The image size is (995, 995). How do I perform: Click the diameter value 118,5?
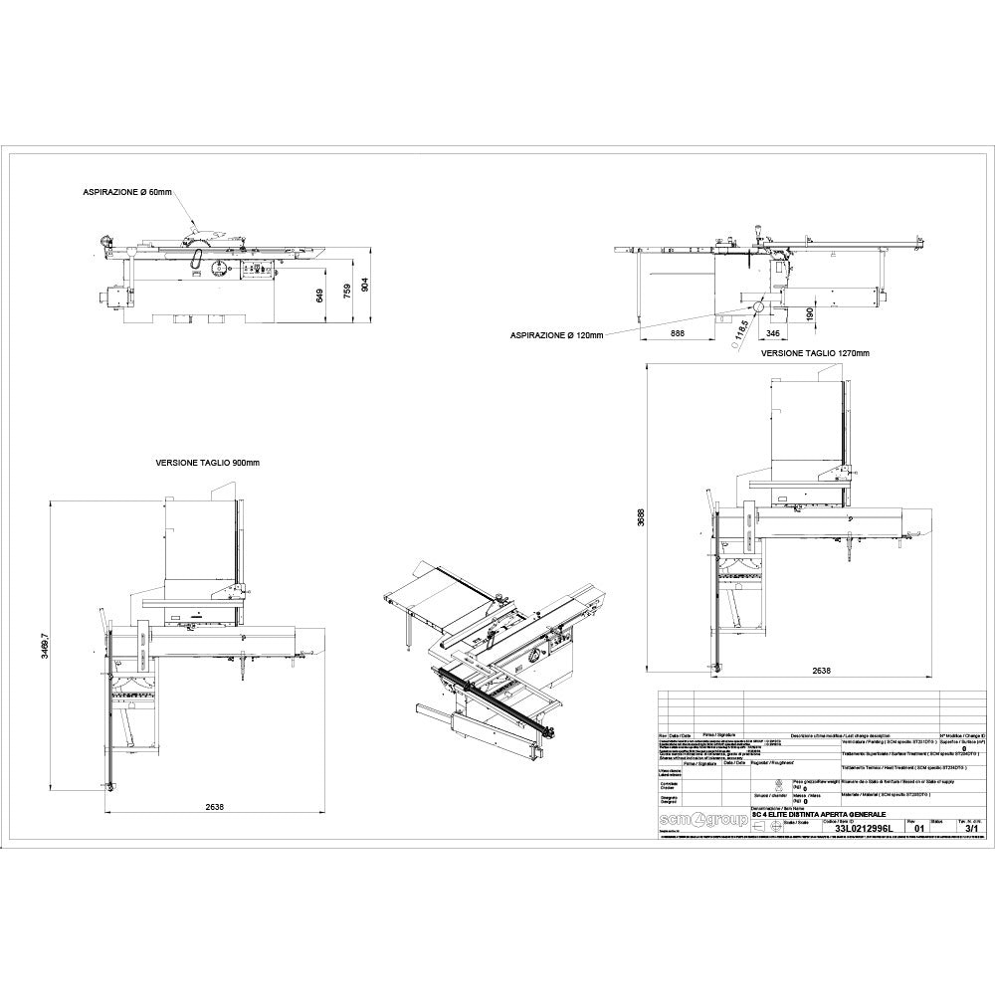click(741, 330)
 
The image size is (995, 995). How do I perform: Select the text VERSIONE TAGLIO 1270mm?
click(816, 353)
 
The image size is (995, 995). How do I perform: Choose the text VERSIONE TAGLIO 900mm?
click(207, 463)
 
